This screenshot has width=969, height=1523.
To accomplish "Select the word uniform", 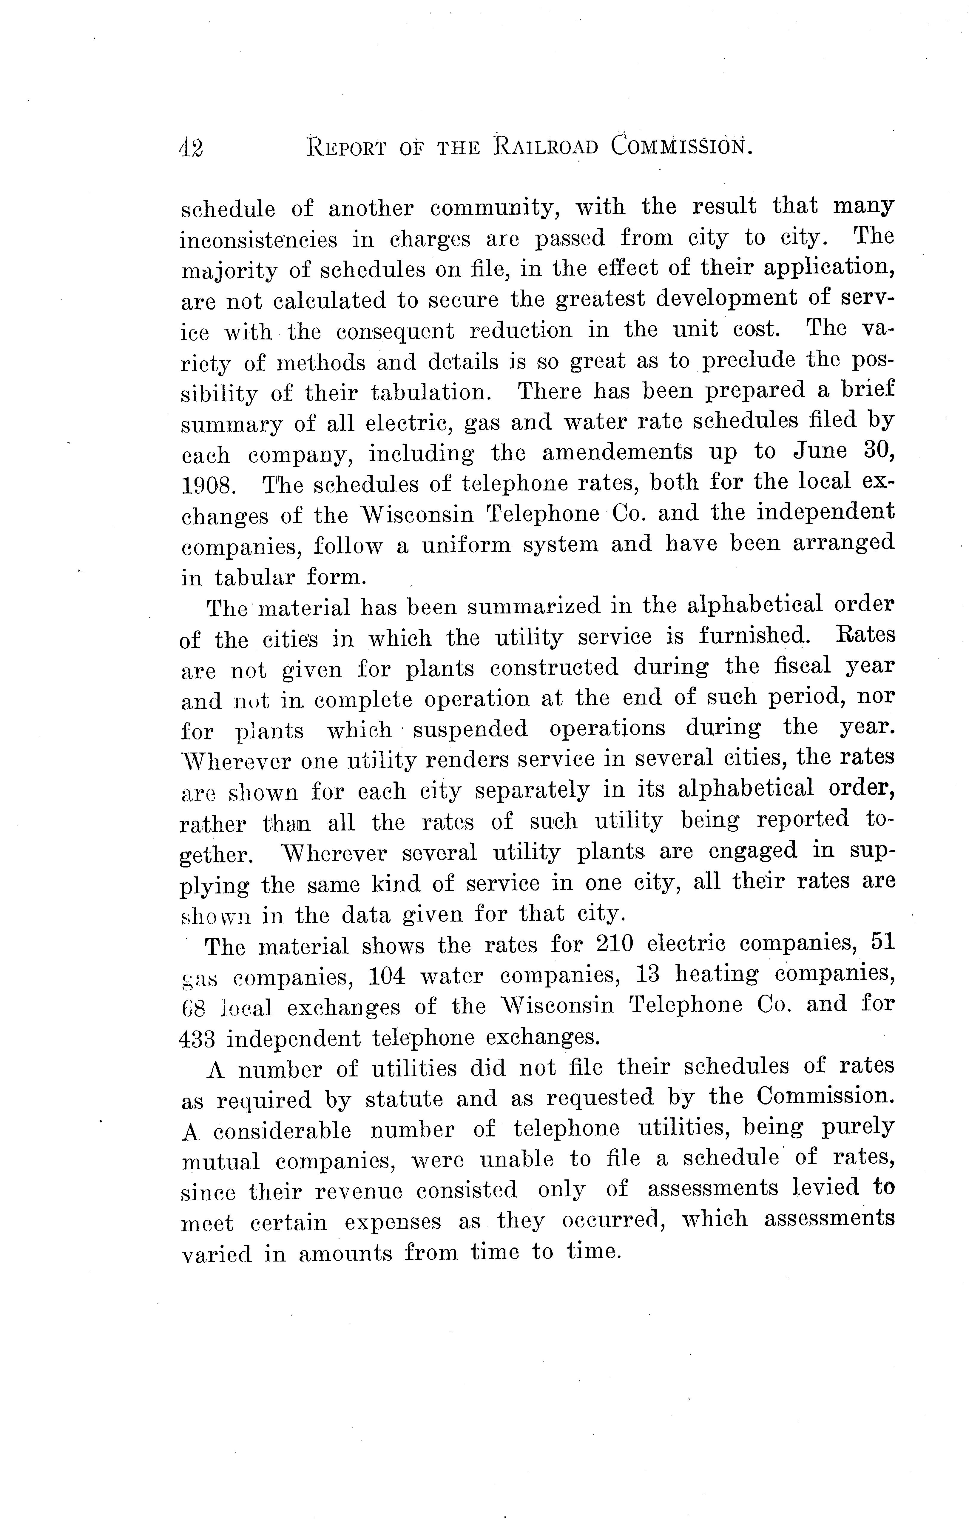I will (x=466, y=544).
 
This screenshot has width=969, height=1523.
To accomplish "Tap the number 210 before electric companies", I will (x=614, y=944).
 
